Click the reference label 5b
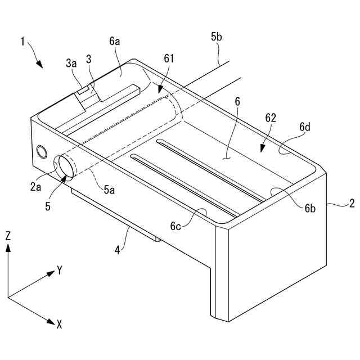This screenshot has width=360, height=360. coord(217,38)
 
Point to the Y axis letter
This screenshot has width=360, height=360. coord(59,271)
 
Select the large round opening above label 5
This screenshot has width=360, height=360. coord(64,166)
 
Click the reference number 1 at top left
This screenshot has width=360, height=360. coord(22,41)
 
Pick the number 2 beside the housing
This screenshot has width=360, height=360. coord(352,204)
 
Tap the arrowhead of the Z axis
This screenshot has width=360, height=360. coord(8,249)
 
